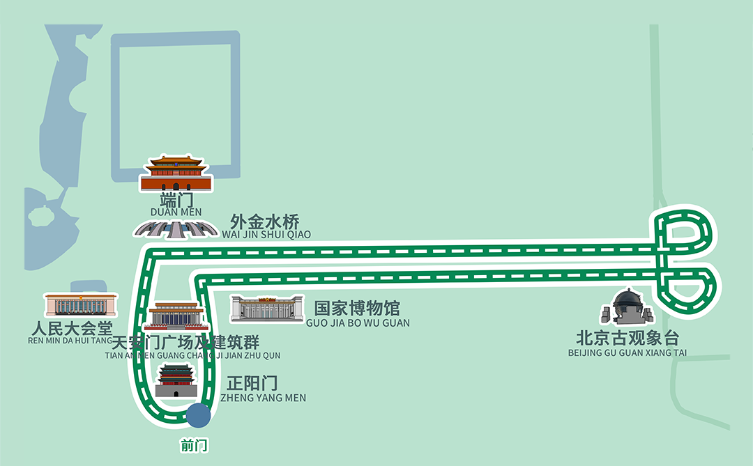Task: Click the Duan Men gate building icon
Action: click(x=175, y=174)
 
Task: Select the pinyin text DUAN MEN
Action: click(x=176, y=212)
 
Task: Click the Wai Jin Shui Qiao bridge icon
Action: click(x=175, y=228)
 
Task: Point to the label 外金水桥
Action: click(x=265, y=222)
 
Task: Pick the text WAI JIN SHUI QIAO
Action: click(x=266, y=235)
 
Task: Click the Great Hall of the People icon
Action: click(x=81, y=304)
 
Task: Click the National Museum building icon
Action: click(x=267, y=309)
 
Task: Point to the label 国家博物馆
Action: click(x=357, y=309)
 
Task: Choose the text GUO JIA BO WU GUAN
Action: click(x=358, y=323)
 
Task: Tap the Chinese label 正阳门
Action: click(x=252, y=383)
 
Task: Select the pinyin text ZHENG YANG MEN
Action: click(x=263, y=398)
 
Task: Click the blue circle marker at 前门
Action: click(x=198, y=416)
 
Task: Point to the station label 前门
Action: click(x=194, y=445)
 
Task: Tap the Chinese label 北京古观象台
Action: click(x=627, y=339)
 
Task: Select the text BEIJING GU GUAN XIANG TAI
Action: click(x=627, y=353)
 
